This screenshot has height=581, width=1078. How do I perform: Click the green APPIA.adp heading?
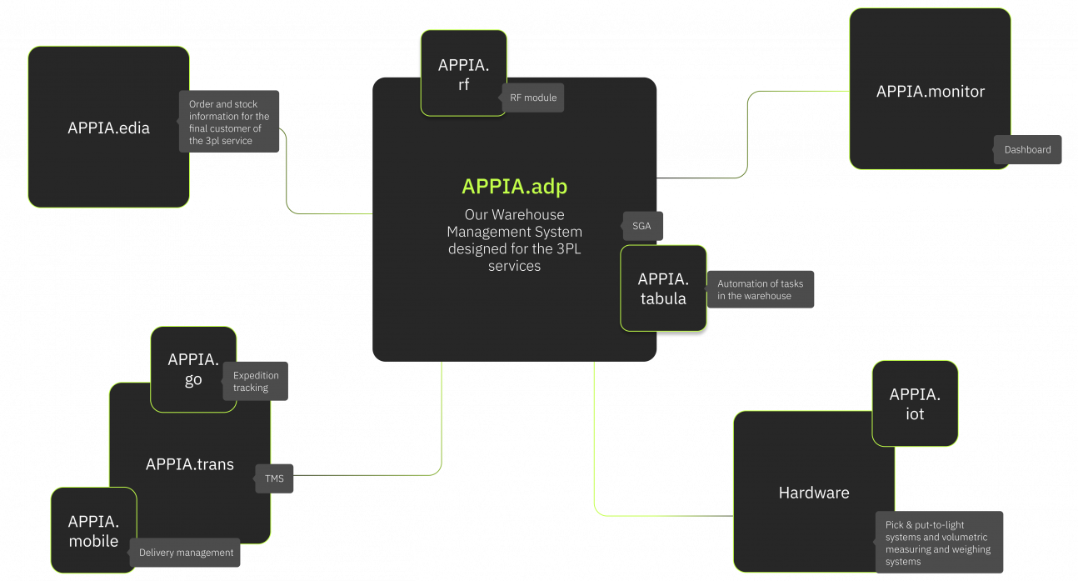(x=514, y=187)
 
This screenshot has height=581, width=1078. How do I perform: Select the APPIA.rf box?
(x=463, y=73)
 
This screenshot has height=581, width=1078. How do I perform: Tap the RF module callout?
(x=533, y=98)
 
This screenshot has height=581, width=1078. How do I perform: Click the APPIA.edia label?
(x=108, y=128)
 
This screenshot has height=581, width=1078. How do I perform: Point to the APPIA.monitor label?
(x=930, y=92)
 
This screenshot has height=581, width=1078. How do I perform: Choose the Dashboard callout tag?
(x=1027, y=150)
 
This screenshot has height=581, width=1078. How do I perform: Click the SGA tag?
(x=641, y=226)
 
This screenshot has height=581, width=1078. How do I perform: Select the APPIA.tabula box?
(x=663, y=288)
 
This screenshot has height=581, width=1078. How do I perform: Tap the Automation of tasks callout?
(x=760, y=289)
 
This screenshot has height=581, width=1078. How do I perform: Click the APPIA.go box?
(x=192, y=369)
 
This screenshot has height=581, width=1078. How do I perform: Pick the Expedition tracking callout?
(x=255, y=381)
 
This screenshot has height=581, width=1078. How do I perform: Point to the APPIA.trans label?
(x=189, y=464)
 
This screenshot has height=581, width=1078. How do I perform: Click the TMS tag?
(x=274, y=478)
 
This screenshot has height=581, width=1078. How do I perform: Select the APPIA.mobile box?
(x=93, y=530)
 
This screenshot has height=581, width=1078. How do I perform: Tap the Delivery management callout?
(x=186, y=553)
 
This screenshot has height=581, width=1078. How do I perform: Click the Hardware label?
(x=813, y=493)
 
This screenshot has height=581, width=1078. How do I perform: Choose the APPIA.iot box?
(x=914, y=403)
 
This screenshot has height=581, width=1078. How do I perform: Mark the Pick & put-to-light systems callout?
(x=939, y=543)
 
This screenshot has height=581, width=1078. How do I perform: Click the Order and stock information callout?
(x=229, y=122)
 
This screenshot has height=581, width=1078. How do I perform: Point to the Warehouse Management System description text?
(x=514, y=240)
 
